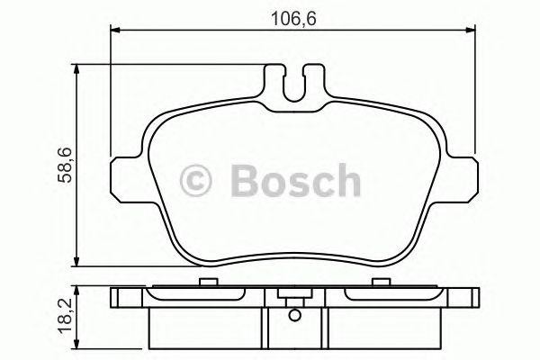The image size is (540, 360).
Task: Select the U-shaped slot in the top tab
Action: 293,84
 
